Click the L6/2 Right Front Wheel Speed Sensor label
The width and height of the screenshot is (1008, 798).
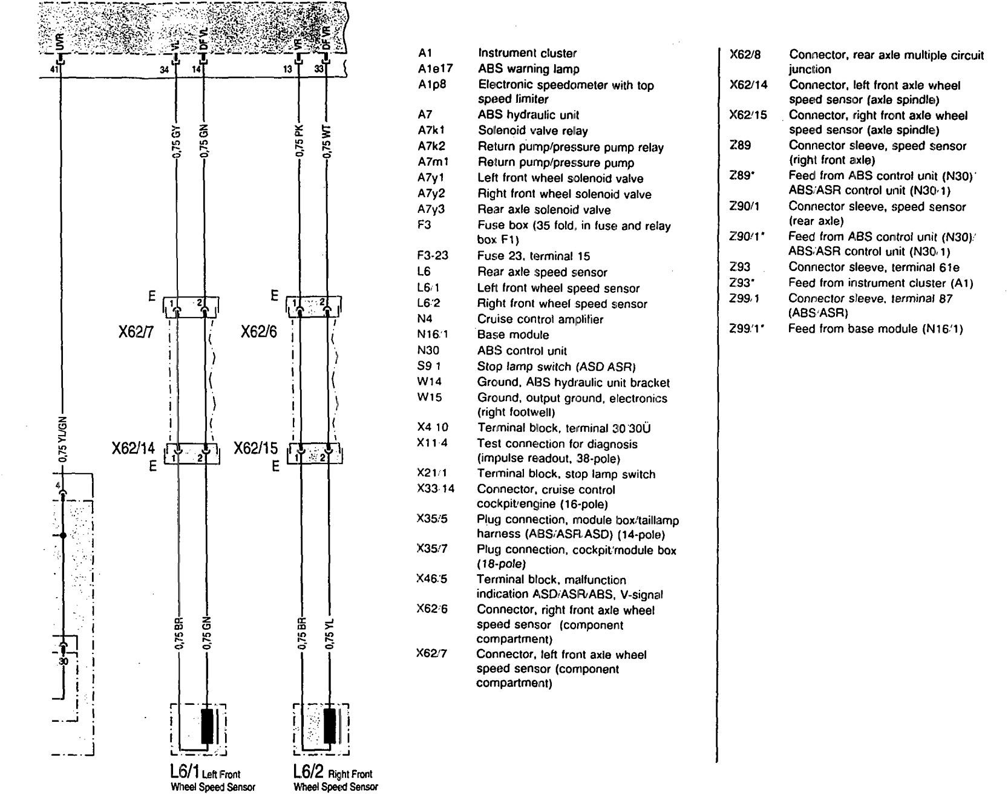(335, 779)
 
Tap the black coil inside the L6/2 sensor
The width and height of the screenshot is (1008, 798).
(330, 725)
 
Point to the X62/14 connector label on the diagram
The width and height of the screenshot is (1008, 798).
(133, 448)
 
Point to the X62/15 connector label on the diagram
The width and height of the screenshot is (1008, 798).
(256, 448)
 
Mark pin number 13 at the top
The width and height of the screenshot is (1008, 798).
(288, 70)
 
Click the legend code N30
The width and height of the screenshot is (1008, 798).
(428, 351)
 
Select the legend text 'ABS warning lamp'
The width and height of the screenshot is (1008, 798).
(528, 69)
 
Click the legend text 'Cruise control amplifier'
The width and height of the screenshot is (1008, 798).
(540, 319)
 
